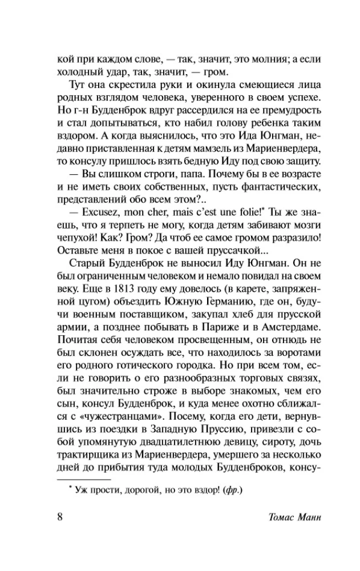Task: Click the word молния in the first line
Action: pyautogui.click(x=232, y=59)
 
